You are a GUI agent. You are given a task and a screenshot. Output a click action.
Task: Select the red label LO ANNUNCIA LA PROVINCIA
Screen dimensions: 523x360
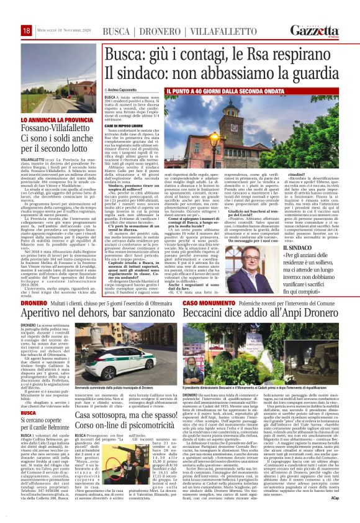tap(49, 118)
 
